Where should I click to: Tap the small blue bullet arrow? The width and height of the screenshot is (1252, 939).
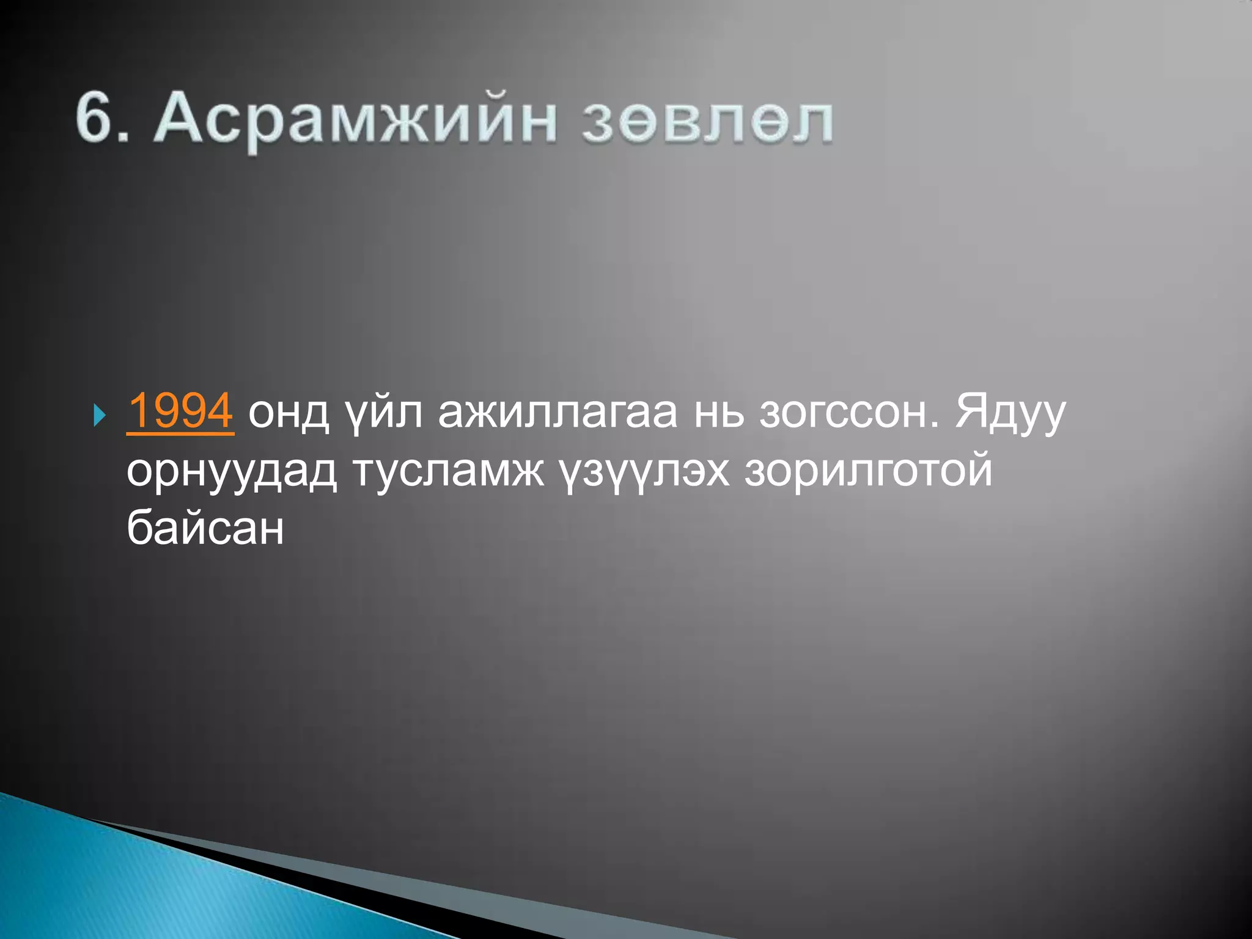pyautogui.click(x=100, y=417)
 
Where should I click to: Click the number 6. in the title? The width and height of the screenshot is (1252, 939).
pyautogui.click(x=102, y=117)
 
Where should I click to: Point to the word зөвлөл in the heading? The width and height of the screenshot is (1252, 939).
pyautogui.click(x=707, y=121)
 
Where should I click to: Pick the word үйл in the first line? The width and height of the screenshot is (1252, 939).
pyautogui.click(x=383, y=413)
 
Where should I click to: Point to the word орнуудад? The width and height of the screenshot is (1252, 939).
pyautogui.click(x=232, y=472)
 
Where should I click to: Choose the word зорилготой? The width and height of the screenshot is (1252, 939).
pyautogui.click(x=868, y=472)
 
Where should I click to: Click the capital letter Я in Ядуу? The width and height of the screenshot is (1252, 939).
pyautogui.click(x=972, y=411)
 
